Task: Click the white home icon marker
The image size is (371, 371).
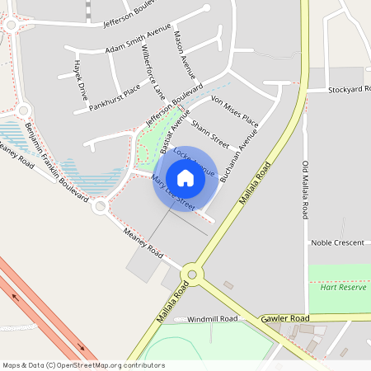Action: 185,177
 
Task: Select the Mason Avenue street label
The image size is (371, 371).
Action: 181,54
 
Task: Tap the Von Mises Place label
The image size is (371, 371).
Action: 235,111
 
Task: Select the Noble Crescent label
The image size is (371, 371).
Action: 336,243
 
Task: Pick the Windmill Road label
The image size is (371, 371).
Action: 212,319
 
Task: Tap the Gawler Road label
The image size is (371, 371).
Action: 284,318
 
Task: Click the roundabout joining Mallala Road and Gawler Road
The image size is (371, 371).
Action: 194,273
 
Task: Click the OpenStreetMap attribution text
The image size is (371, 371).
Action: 83,365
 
